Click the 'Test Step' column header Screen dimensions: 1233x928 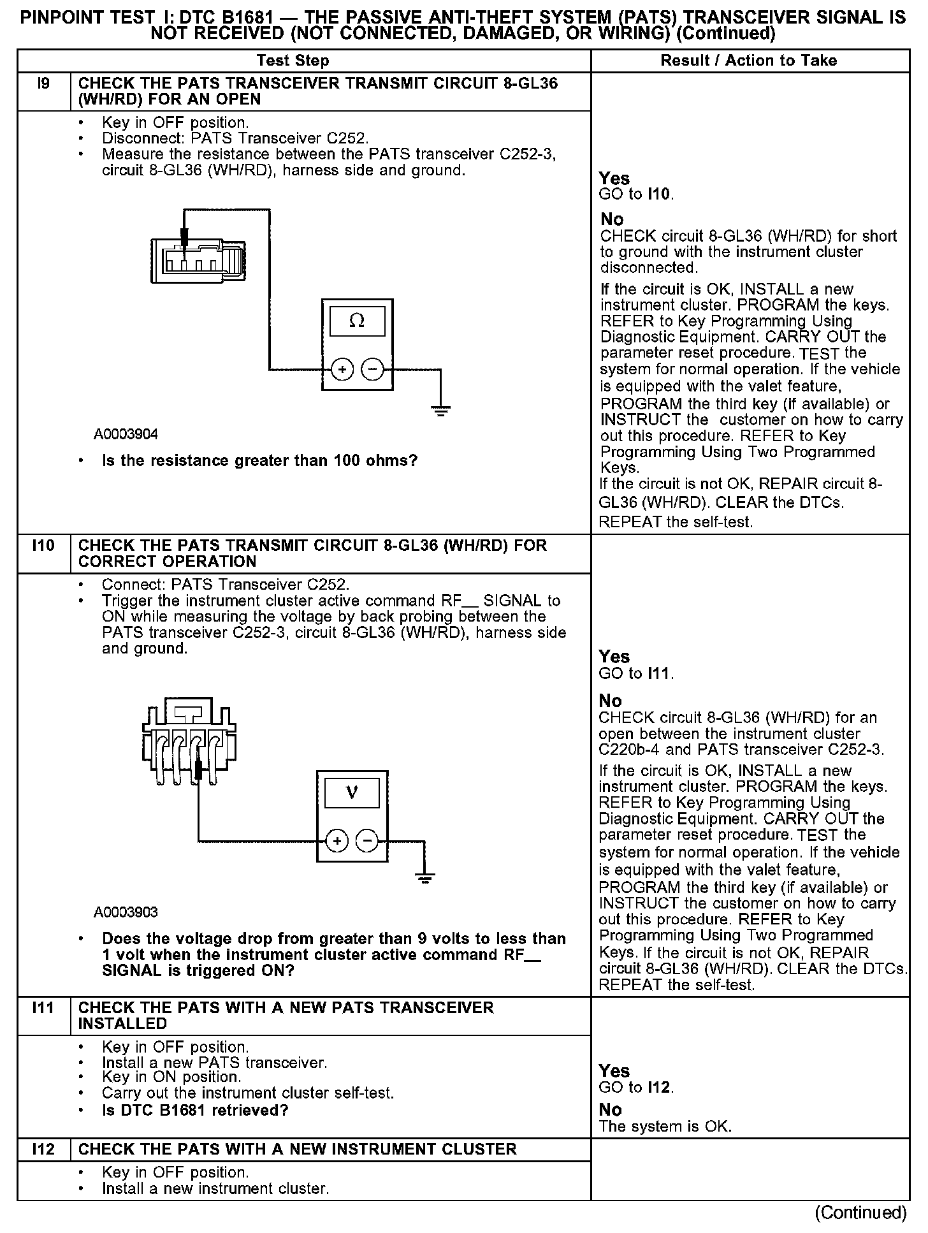pos(293,61)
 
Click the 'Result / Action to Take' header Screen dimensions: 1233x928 pos(749,61)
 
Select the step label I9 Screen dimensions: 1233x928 pos(43,84)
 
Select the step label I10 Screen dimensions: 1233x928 pos(43,546)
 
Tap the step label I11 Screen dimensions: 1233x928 pos(43,1008)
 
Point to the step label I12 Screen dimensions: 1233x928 pos(43,1149)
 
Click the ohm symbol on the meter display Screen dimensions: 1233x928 pos(357,321)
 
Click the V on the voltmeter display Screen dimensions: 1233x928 pos(352,793)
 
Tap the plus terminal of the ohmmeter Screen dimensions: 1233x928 pos(342,369)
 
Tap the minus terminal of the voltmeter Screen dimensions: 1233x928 pos(367,842)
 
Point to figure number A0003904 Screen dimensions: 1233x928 pos(126,434)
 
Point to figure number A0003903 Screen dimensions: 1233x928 pos(126,912)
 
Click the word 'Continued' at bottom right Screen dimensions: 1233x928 pos(860,1212)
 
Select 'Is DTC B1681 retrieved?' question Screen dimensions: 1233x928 pos(195,1110)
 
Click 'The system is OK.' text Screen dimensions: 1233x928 pos(665,1126)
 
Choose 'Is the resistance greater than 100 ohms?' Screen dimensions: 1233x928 pos(259,460)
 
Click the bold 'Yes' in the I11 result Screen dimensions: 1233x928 pos(614,1070)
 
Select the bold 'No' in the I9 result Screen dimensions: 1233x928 pos(612,219)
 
